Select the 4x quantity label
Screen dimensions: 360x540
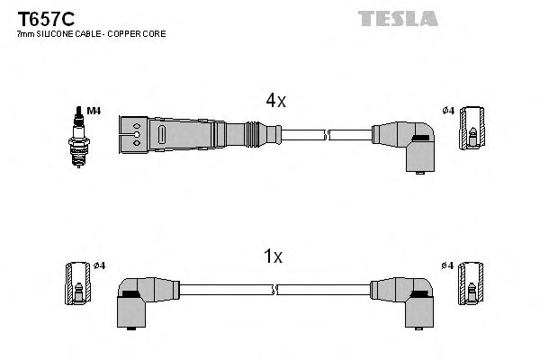[x=275, y=102]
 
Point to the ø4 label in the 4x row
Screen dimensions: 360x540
[x=447, y=111]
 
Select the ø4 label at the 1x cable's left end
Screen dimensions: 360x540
[x=99, y=265]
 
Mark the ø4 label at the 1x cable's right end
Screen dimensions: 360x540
[x=447, y=265]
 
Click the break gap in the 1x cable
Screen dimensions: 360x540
[x=275, y=290]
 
